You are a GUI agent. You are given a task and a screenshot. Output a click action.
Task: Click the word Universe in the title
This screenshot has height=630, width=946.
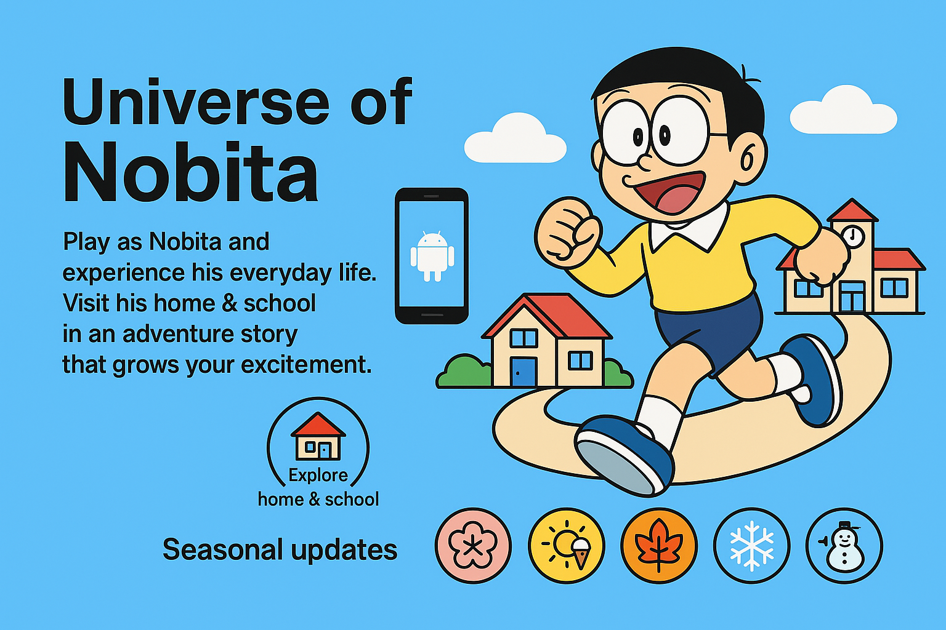click(x=196, y=103)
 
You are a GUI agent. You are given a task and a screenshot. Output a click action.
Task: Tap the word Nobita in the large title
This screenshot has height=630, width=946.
click(x=190, y=172)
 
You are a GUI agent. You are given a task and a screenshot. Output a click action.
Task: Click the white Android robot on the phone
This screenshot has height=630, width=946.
click(x=432, y=256)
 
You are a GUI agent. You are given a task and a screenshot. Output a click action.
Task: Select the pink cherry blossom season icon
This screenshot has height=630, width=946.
click(x=473, y=546)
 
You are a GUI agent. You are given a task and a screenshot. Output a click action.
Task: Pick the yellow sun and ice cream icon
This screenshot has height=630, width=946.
click(x=567, y=546)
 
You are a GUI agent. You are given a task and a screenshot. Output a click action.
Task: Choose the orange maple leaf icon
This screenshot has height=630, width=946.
click(x=659, y=546)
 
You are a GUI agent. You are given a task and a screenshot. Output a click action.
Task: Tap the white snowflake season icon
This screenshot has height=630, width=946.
click(x=752, y=546)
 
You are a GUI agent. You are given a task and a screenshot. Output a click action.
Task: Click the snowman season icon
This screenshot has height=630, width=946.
click(x=844, y=546)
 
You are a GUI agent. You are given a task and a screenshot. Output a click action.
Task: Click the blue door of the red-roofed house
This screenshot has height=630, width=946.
click(x=524, y=372)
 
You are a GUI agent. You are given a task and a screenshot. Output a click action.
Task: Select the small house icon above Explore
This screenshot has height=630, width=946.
click(x=318, y=436)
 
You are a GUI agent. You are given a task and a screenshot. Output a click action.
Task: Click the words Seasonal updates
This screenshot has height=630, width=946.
click(x=280, y=549)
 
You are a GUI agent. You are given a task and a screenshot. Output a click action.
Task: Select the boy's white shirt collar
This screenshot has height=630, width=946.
click(x=689, y=228)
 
